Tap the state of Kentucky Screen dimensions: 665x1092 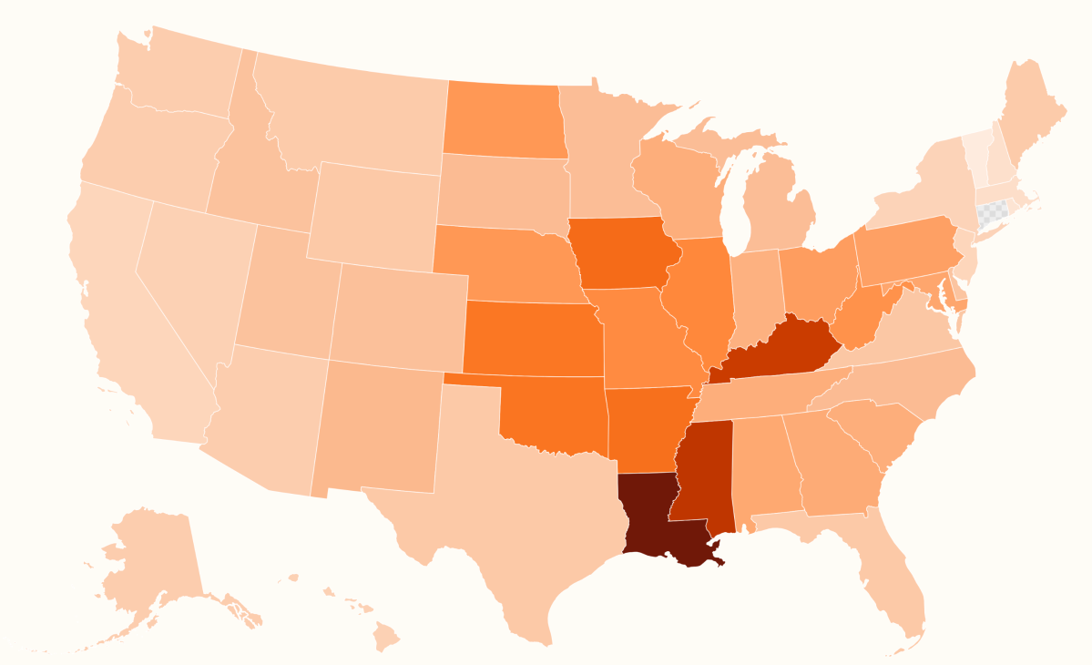click(774, 351)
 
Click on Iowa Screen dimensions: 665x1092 click(624, 255)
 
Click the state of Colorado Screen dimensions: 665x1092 click(396, 314)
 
